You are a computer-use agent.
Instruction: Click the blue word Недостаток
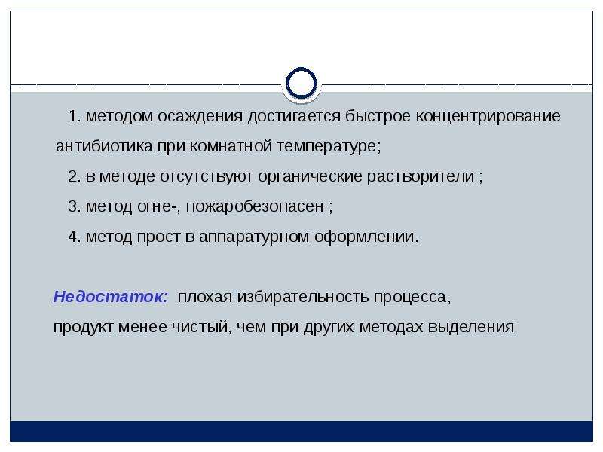111,297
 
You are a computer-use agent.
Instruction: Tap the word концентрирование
488,117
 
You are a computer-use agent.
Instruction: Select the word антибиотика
104,146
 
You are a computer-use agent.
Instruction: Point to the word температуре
329,147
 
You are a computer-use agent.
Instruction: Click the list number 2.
74,176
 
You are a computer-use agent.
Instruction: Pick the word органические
310,177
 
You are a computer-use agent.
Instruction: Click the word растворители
421,177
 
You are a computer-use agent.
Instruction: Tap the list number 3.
74,206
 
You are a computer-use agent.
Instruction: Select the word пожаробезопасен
255,207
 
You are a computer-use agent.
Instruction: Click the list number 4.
74,237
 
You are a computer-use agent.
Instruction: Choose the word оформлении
366,237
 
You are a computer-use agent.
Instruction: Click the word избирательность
303,297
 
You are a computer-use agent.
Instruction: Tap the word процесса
412,298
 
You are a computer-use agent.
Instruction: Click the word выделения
470,328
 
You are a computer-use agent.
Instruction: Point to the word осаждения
200,117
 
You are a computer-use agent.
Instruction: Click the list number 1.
74,117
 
